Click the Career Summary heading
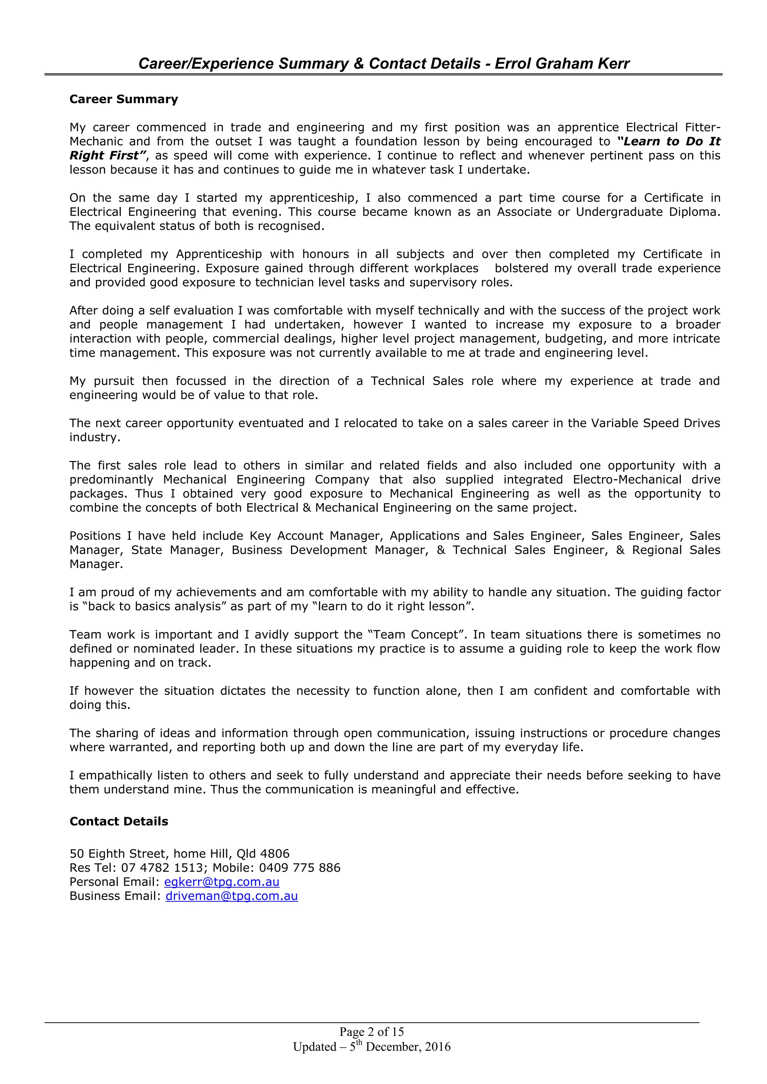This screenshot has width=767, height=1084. click(x=124, y=99)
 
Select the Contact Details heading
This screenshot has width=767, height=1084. click(x=119, y=821)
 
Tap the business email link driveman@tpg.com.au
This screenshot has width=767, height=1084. click(x=231, y=896)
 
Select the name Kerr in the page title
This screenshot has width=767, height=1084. click(x=613, y=63)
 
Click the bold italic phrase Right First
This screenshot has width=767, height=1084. click(x=105, y=155)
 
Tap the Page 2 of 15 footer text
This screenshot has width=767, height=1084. click(x=371, y=1032)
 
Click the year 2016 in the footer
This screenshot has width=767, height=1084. click(x=437, y=1047)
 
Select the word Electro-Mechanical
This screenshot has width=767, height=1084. click(x=627, y=479)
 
